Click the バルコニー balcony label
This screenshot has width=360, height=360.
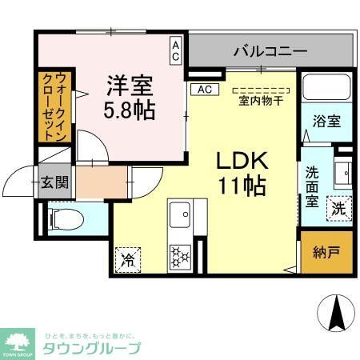(270, 52)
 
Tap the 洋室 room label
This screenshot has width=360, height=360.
(130, 83)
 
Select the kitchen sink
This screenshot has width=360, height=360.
(181, 214)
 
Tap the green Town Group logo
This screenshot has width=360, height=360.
(17, 342)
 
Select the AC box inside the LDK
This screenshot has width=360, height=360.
(203, 89)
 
